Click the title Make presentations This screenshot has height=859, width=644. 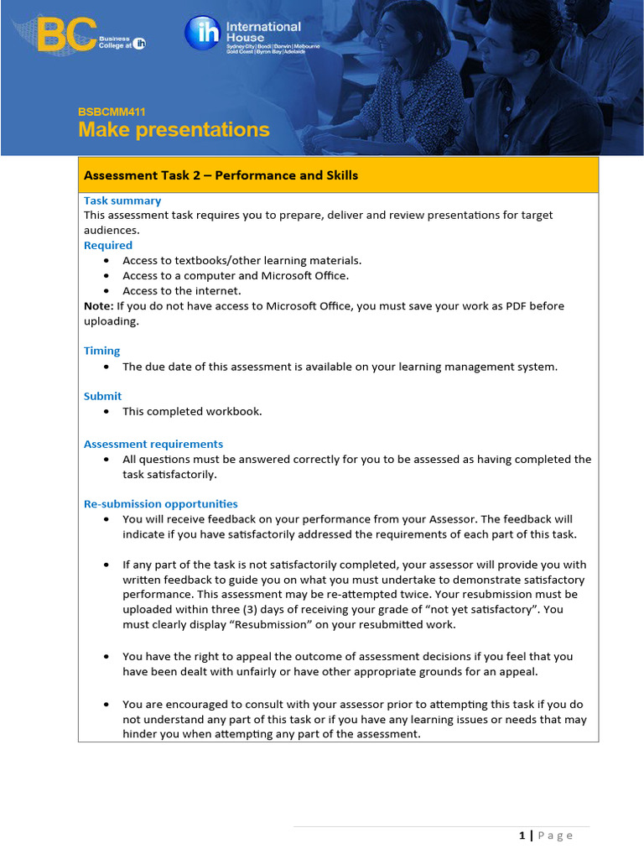[174, 130]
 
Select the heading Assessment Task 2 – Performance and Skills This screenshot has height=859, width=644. [221, 175]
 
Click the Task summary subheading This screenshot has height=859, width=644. [122, 200]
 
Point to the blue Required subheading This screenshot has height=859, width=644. [108, 245]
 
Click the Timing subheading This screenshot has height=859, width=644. [101, 351]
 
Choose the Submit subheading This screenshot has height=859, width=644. [102, 396]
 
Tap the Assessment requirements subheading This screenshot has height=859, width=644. [153, 444]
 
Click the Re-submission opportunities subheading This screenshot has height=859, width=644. [160, 504]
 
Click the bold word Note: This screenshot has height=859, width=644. [98, 306]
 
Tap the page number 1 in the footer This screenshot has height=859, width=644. [522, 836]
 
